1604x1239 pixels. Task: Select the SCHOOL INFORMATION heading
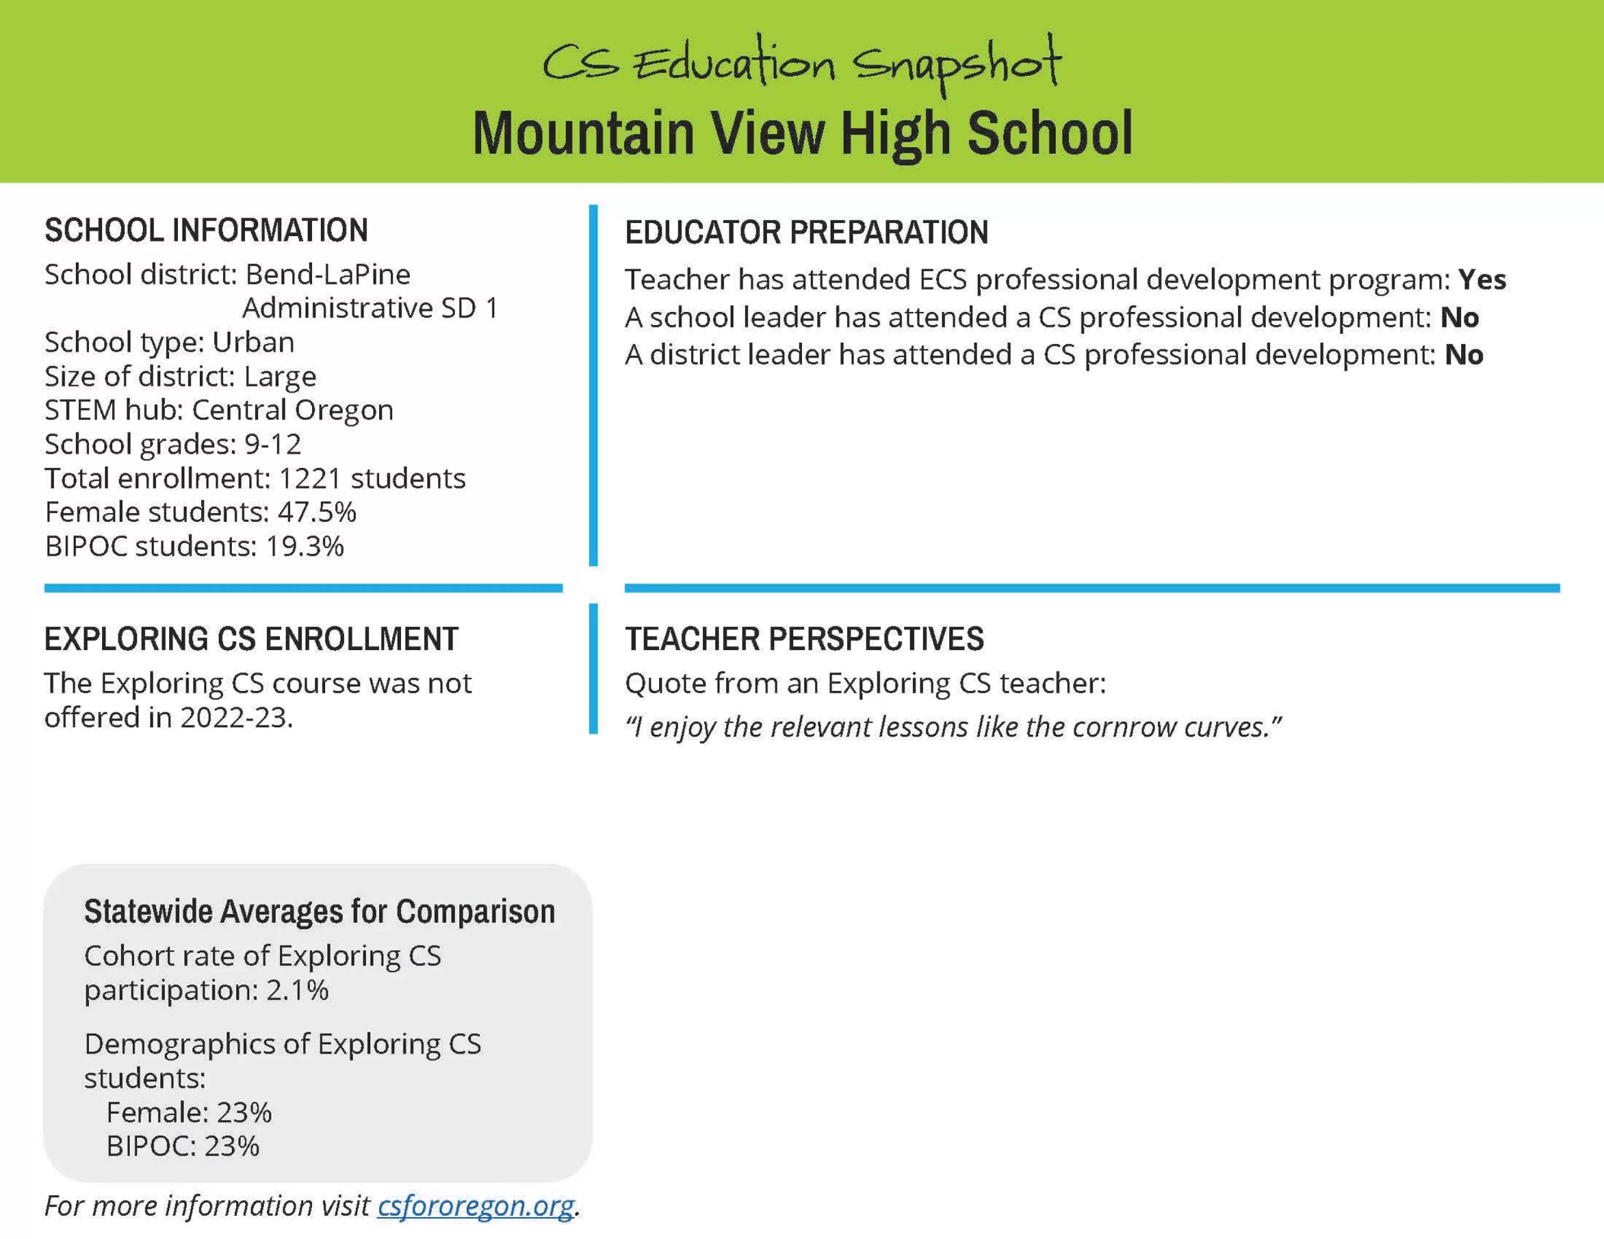206,231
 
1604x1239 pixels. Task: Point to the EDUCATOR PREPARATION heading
806,233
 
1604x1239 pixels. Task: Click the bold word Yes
1482,280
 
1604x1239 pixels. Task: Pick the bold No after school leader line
1459,318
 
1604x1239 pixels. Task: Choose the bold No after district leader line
1464,355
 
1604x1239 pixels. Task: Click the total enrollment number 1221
310,478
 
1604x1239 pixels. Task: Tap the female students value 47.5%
316,512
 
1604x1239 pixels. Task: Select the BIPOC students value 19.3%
304,546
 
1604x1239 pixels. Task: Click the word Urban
253,342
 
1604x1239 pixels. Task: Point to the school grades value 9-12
273,444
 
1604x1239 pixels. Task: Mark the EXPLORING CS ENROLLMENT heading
251,639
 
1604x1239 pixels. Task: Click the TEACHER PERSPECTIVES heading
805,639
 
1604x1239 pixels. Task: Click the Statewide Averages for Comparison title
320,911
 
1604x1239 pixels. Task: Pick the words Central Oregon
293,410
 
